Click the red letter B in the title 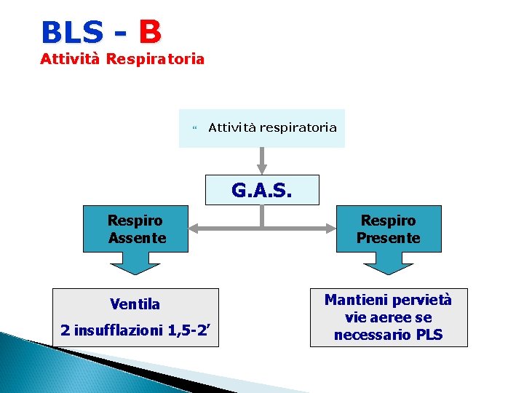coord(149,32)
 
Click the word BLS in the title coord(72,33)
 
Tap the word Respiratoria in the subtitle coord(155,59)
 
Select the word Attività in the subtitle coord(70,59)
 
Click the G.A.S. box coord(262,190)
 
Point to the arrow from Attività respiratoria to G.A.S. coord(261,161)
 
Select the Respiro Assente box coord(136,229)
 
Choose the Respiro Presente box coord(388,229)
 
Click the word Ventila coord(135,303)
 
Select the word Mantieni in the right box coord(357,300)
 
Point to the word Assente coord(137,238)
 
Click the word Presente coord(388,238)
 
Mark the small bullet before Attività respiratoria coord(194,129)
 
